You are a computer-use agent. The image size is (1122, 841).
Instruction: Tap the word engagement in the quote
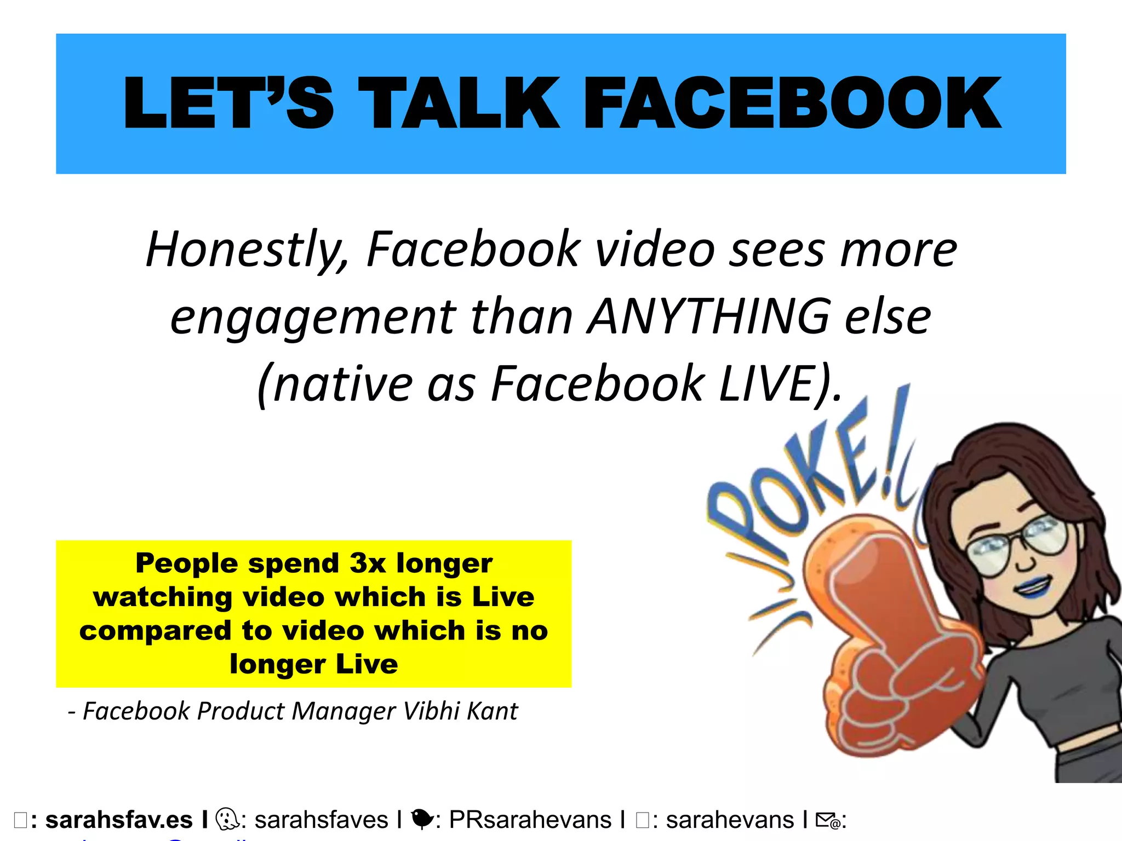313,318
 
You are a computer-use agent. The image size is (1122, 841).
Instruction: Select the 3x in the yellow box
368,563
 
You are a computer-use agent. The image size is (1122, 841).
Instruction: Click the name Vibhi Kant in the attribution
460,711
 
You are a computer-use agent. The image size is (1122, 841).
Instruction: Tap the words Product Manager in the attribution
296,711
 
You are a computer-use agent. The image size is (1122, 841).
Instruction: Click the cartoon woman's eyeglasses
1016,545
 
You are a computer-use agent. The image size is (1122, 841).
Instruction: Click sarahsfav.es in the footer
119,820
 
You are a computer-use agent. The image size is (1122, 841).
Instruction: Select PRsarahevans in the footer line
530,820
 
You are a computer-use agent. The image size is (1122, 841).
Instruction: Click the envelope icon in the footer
827,820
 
